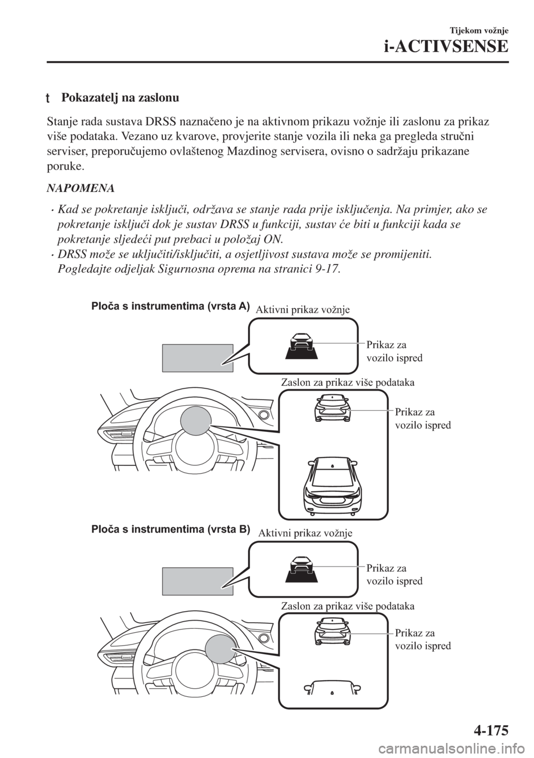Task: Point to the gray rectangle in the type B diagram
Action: click(x=197, y=581)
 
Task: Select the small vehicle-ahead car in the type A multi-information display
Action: click(x=332, y=409)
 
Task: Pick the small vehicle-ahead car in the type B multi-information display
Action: click(x=332, y=632)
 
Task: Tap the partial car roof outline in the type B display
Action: click(x=332, y=687)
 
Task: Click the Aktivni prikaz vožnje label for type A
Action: click(x=303, y=311)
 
